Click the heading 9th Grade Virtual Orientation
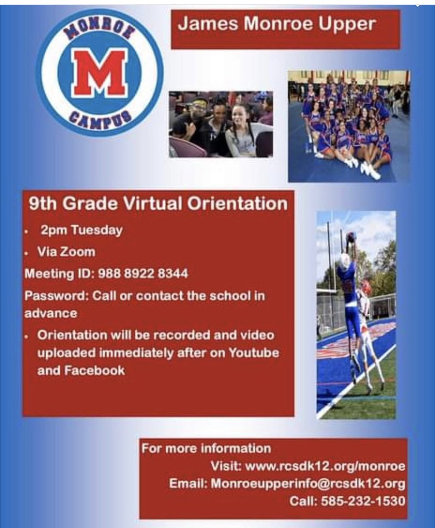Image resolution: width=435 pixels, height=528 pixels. point(157,204)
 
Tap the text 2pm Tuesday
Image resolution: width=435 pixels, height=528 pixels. point(81,231)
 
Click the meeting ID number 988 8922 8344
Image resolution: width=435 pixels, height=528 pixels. point(143,274)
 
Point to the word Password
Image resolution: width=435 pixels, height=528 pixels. point(56,295)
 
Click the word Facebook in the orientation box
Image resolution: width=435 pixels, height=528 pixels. point(93,370)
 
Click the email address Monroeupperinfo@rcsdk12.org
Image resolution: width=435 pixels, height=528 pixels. point(308,484)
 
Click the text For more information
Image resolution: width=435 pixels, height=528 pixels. point(206,449)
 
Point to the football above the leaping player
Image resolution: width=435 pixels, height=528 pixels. point(351,237)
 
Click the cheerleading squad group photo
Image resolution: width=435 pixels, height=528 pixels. point(349,126)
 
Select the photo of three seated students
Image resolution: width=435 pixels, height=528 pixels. point(221,124)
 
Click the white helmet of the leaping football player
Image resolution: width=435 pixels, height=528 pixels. point(345,261)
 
